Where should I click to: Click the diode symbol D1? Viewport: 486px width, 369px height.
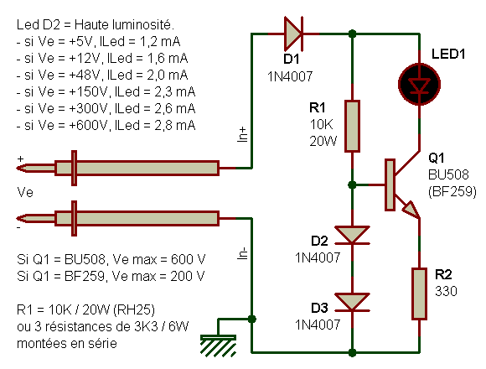[293, 34]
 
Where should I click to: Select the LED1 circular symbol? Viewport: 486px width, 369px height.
[419, 85]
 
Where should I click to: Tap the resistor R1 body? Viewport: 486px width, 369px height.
[353, 126]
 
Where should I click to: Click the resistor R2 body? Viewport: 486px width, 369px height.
[419, 294]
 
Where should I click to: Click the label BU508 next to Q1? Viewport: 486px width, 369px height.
[448, 175]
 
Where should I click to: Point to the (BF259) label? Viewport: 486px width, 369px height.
[452, 192]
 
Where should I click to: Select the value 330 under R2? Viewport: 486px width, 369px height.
[446, 291]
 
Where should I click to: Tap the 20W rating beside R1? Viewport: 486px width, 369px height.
[323, 142]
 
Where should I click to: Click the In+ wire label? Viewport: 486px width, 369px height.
[243, 134]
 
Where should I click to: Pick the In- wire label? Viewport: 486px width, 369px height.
[243, 253]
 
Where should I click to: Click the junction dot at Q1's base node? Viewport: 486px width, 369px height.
[352, 185]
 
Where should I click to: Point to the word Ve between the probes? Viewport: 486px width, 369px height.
[25, 193]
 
